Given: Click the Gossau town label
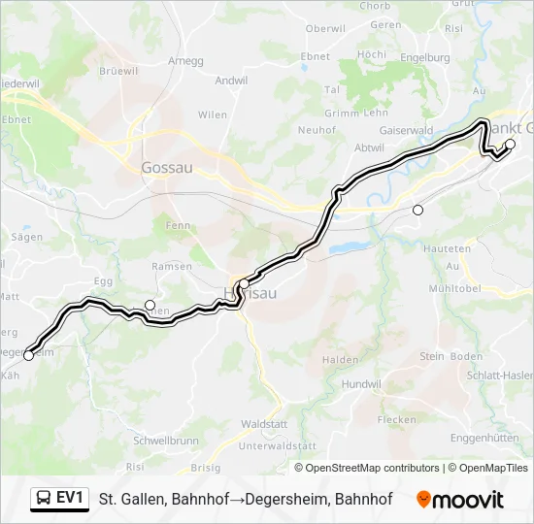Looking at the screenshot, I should click(167, 167).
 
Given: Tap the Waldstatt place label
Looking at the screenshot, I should click(263, 424).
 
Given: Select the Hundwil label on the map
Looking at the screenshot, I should click(360, 384).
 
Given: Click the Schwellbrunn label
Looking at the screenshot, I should click(166, 440).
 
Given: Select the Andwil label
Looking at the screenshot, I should click(231, 81).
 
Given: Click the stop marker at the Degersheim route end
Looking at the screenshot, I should click(28, 355).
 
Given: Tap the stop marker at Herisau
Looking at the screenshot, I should click(244, 284).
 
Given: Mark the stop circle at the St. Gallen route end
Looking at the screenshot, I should click(510, 145).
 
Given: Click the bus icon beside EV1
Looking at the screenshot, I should click(44, 499).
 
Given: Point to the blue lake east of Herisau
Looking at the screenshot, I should click(351, 247).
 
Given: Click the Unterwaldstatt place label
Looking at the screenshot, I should click(278, 445).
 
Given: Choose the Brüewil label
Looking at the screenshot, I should click(118, 71).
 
